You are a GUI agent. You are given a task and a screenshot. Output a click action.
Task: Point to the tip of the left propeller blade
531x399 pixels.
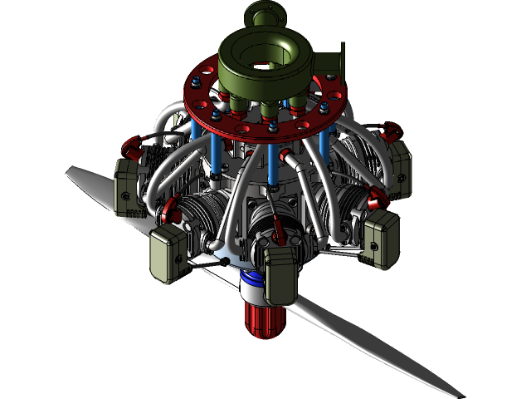pos(68,170)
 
